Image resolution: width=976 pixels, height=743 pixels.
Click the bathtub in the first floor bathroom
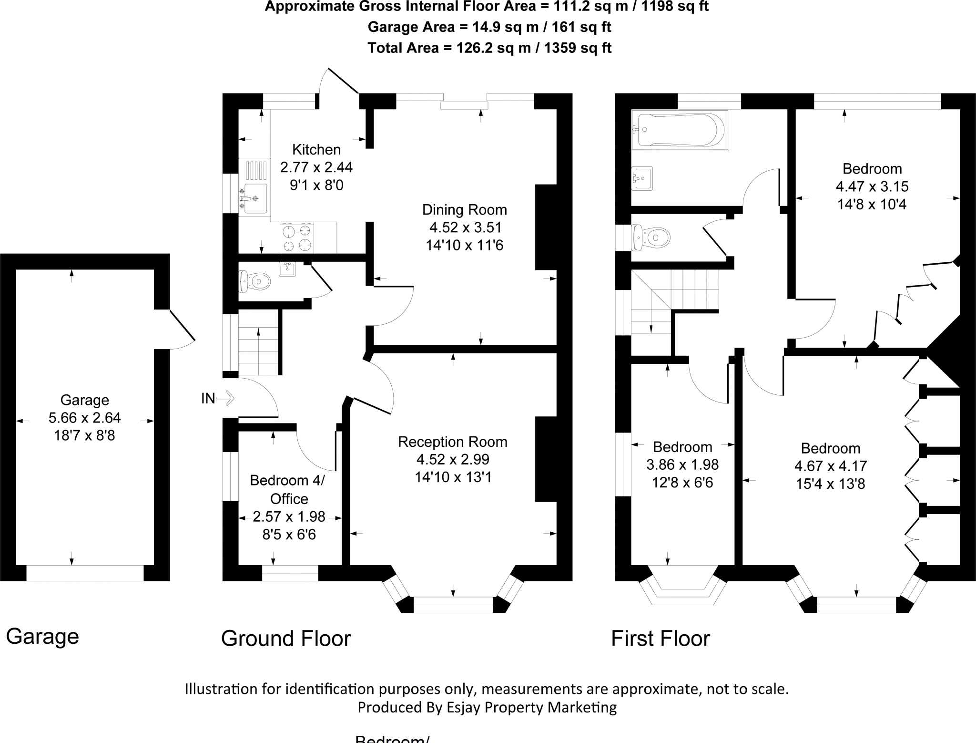[679, 130]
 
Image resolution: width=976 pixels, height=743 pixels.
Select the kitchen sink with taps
[255, 197]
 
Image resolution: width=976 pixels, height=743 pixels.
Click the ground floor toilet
[254, 281]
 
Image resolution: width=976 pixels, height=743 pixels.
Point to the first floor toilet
[651, 237]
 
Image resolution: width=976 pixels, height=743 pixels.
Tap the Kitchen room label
[316, 150]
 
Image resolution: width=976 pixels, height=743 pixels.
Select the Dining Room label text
[464, 210]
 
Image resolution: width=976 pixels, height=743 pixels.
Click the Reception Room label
[452, 442]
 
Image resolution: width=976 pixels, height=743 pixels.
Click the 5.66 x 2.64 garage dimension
[85, 418]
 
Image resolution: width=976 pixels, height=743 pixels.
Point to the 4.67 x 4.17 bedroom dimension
[830, 466]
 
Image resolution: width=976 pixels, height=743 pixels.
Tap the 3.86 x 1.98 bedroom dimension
[682, 464]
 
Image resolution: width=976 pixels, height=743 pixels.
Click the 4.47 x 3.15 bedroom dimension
[872, 186]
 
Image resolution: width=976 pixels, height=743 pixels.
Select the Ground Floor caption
[286, 638]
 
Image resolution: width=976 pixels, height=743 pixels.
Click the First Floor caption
[661, 638]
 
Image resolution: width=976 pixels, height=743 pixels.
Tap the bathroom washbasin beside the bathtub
[642, 178]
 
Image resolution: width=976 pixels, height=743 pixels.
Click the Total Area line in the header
[489, 48]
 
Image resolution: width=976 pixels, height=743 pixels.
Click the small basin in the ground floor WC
[287, 269]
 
